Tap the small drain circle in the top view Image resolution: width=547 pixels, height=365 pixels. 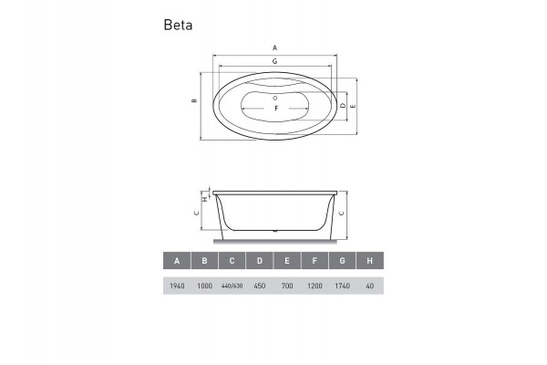275,94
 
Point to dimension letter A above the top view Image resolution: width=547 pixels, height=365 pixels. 275,47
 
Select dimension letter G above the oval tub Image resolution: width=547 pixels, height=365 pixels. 275,60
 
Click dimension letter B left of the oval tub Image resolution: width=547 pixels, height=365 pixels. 195,101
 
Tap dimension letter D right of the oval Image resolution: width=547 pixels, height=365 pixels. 342,107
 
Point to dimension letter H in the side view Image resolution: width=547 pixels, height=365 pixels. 204,198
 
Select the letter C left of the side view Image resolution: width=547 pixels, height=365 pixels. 197,213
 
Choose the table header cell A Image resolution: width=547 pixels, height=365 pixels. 177,261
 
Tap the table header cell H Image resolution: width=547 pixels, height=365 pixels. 368,261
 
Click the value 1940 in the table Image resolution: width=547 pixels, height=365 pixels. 177,287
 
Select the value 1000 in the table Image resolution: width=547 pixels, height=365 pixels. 204,287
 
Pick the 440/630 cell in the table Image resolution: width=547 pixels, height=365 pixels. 232,287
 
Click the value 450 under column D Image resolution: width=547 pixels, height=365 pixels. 259,287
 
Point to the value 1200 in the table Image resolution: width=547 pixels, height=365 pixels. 314,287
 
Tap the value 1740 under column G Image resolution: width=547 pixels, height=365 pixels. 341,287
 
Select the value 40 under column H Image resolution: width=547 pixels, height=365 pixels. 368,287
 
